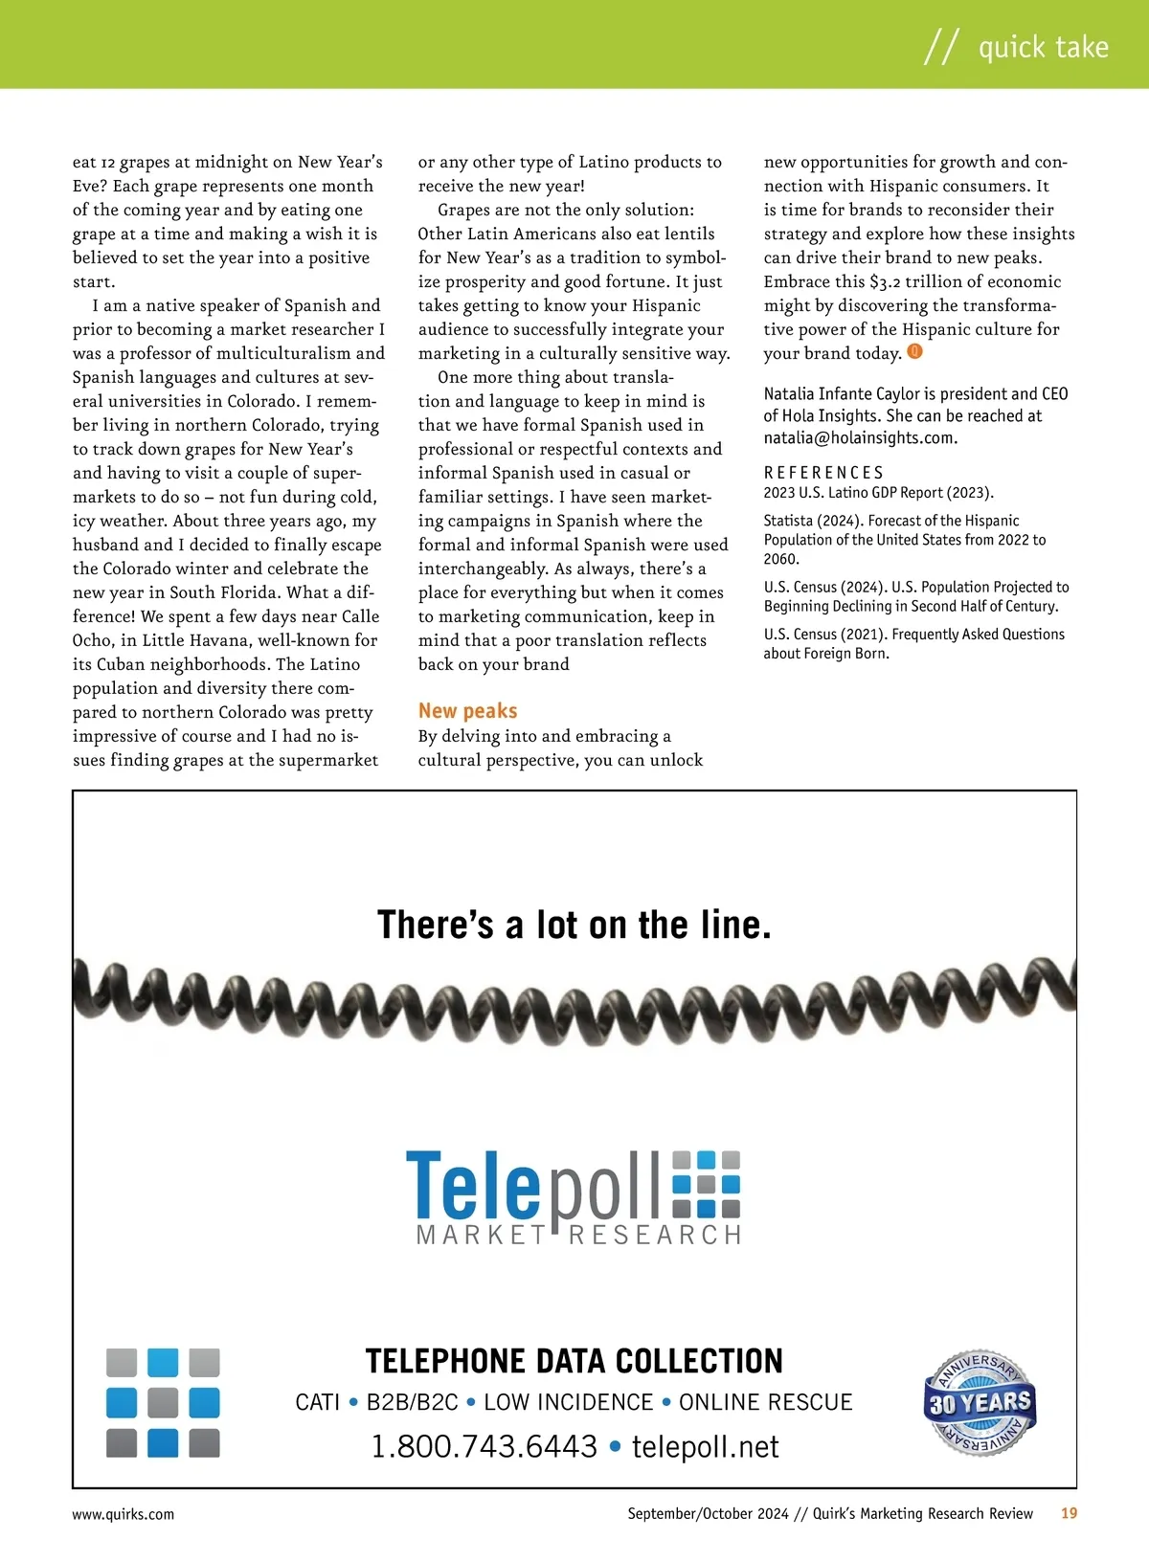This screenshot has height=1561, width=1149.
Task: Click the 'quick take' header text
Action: point(1043,47)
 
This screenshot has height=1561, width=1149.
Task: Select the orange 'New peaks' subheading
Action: point(467,711)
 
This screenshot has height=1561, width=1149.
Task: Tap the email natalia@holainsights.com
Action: point(860,438)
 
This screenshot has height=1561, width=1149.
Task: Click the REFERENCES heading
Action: point(823,473)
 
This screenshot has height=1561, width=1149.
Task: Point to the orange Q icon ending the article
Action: point(914,352)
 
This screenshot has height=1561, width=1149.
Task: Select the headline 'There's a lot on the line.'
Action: point(574,925)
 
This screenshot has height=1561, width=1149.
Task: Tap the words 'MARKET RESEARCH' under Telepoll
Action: point(579,1236)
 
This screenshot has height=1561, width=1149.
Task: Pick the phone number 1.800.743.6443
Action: point(484,1446)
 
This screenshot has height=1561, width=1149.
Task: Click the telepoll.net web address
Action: point(706,1446)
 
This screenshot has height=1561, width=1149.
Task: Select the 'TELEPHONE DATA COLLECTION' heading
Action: point(574,1361)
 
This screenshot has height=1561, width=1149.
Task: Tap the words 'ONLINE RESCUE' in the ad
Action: point(765,1402)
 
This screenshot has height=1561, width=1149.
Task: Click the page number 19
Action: point(1069,1513)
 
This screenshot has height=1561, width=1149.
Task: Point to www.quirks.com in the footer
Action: point(124,1514)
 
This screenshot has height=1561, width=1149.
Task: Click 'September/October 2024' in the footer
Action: point(708,1513)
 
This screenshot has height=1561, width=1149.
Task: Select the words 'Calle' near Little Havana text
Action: point(357,616)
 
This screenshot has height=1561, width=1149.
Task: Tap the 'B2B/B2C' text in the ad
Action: point(413,1402)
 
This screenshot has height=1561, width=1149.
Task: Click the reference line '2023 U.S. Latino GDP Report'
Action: point(878,493)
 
